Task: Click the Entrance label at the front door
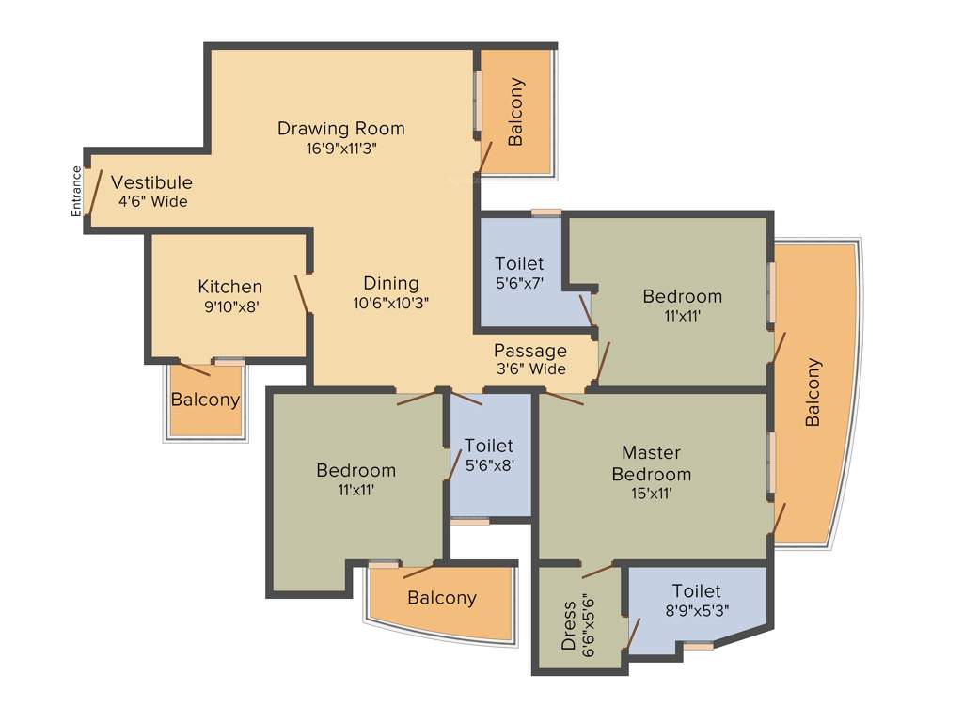pos(76,191)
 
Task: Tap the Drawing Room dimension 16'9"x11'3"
pos(340,148)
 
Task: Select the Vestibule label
pos(151,182)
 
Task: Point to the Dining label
pos(391,283)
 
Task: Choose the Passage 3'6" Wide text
pos(531,360)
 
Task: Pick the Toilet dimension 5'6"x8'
pos(489,463)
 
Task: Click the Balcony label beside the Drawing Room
pos(515,112)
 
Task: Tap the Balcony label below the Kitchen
pos(205,400)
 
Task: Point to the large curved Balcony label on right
pos(813,392)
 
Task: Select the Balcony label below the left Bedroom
pos(441,598)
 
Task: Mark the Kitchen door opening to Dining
pos(302,294)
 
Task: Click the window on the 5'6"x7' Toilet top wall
pos(545,212)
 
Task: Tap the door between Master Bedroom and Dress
pos(598,570)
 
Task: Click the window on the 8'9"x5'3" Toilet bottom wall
pos(697,646)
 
